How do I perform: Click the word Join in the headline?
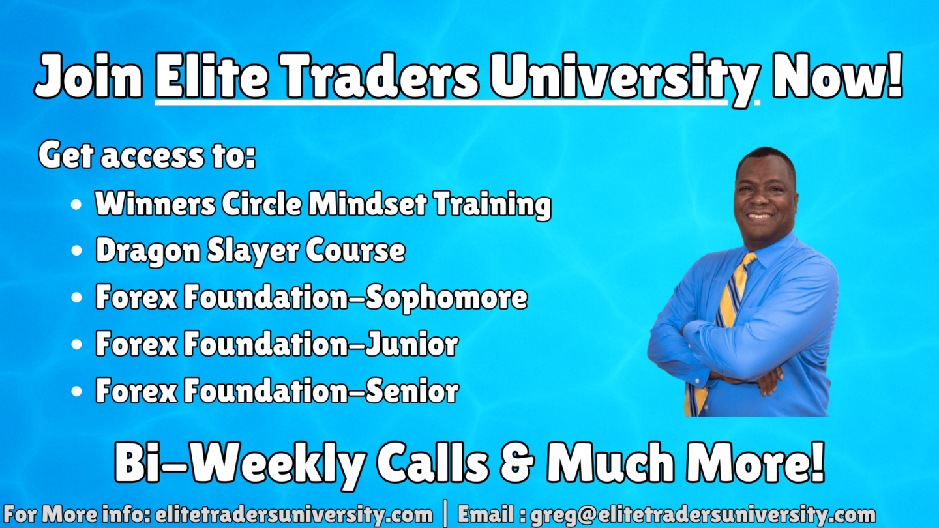pyautogui.click(x=89, y=76)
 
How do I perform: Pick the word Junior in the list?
pyautogui.click(x=411, y=344)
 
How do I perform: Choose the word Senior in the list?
pyautogui.click(x=412, y=390)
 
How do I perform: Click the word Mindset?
pyautogui.click(x=368, y=204)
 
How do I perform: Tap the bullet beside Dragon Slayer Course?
pyautogui.click(x=77, y=250)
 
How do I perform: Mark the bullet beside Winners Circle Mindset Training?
pyautogui.click(x=77, y=205)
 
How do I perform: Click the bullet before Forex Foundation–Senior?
pyautogui.click(x=77, y=391)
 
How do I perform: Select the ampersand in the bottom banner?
pyautogui.click(x=518, y=462)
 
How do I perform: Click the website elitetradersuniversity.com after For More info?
pyautogui.click(x=293, y=514)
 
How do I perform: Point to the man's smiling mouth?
pyautogui.click(x=760, y=216)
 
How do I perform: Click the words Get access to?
pyautogui.click(x=147, y=155)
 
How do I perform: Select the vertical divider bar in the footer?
pyautogui.click(x=445, y=514)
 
